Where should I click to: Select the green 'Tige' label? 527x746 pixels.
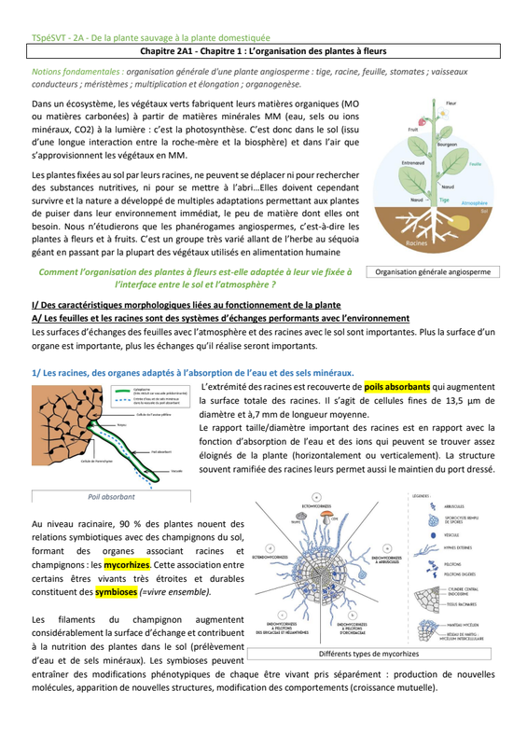click(x=446, y=200)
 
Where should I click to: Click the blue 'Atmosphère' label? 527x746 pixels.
click(x=474, y=201)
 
